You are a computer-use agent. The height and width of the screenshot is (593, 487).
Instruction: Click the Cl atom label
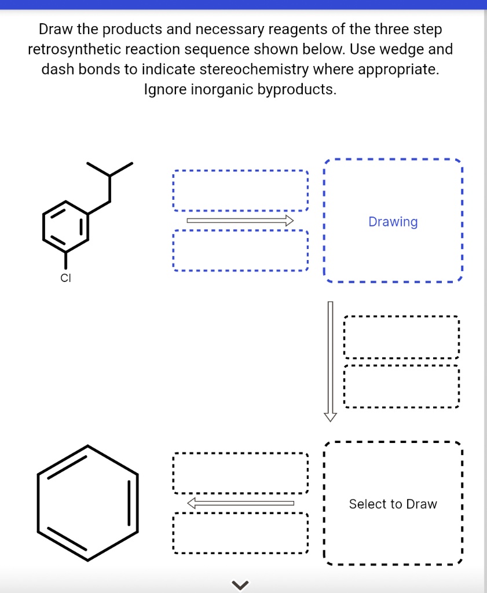click(65, 279)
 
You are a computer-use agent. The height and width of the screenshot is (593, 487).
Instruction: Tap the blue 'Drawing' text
click(393, 222)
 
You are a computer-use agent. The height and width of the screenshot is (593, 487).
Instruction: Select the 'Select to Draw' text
click(393, 504)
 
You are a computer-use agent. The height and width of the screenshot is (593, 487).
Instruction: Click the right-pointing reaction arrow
click(240, 220)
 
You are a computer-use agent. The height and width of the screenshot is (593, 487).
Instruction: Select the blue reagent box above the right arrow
click(240, 191)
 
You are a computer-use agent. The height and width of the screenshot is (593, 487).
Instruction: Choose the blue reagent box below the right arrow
click(240, 251)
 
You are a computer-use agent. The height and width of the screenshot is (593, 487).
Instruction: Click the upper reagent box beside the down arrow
click(401, 337)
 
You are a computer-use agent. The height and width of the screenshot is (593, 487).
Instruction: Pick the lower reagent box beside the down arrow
click(401, 386)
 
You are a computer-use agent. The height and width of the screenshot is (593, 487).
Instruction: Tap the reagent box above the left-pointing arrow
click(240, 473)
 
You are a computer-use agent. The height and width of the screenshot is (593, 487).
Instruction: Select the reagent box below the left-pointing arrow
click(240, 533)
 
